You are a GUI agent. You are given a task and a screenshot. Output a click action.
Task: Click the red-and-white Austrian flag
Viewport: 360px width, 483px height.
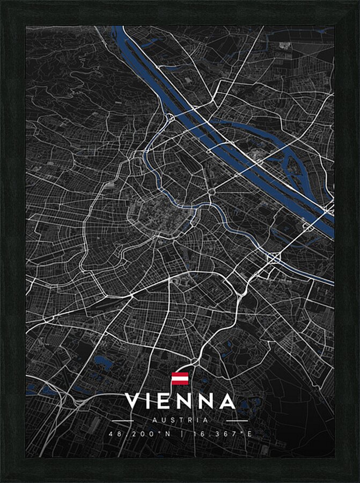(180, 378)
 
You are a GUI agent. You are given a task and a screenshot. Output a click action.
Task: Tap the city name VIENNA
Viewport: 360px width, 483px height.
(180, 401)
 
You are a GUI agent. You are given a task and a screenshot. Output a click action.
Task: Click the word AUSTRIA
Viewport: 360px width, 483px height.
(180, 420)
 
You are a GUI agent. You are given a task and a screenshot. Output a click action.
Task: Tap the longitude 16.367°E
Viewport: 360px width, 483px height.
(221, 434)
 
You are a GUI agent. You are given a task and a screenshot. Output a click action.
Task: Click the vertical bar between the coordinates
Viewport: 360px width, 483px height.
(180, 434)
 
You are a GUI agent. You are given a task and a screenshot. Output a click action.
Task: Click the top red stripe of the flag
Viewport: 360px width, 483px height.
(180, 374)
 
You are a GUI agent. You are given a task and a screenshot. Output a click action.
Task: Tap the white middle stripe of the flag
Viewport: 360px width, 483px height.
(180, 378)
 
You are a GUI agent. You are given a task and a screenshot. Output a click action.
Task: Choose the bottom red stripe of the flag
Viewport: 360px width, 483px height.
(180, 383)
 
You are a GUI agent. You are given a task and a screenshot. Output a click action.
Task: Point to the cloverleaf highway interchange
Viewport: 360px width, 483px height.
(275, 258)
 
